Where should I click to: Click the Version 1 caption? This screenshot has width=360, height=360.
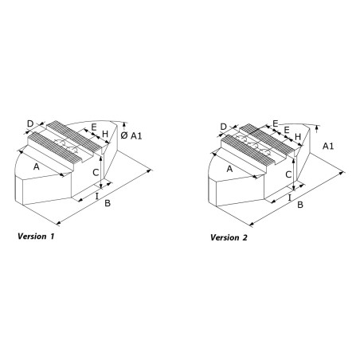pyautogui.click(x=36, y=236)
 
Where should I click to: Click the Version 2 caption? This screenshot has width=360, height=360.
pyautogui.click(x=229, y=237)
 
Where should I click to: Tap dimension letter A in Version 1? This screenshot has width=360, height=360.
pyautogui.click(x=37, y=167)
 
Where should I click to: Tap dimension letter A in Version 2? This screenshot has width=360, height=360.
pyautogui.click(x=229, y=169)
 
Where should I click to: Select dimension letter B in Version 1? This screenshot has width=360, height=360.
pyautogui.click(x=108, y=203)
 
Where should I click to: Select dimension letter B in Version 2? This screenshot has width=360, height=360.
pyautogui.click(x=300, y=205)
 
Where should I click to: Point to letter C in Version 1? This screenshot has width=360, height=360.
pyautogui.click(x=96, y=173)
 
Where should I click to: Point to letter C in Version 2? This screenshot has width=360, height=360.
pyautogui.click(x=288, y=174)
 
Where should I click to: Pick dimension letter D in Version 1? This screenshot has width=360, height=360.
pyautogui.click(x=30, y=123)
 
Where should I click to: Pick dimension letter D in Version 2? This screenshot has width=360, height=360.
pyautogui.click(x=224, y=127)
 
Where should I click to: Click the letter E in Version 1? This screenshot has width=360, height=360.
pyautogui.click(x=94, y=127)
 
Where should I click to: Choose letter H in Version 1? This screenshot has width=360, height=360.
pyautogui.click(x=105, y=134)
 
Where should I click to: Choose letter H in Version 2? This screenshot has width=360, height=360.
pyautogui.click(x=298, y=137)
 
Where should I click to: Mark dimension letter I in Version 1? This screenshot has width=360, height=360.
pyautogui.click(x=97, y=196)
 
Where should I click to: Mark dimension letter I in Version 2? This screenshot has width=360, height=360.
pyautogui.click(x=290, y=198)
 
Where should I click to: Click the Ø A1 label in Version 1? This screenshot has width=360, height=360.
pyautogui.click(x=131, y=135)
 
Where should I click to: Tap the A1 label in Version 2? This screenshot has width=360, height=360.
pyautogui.click(x=328, y=146)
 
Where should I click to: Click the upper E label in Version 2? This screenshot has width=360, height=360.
pyautogui.click(x=276, y=123)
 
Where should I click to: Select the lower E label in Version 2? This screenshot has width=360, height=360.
pyautogui.click(x=287, y=130)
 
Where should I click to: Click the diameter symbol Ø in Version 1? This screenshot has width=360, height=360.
pyautogui.click(x=124, y=135)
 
